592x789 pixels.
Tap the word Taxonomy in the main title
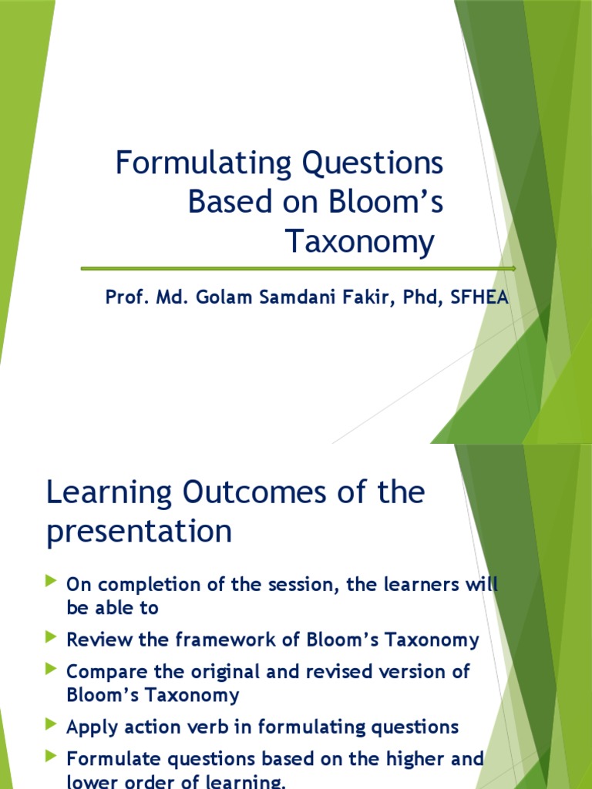coord(360,242)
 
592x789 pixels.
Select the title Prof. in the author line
coord(124,298)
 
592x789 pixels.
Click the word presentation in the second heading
coord(139,532)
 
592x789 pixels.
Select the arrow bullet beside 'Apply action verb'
coord(52,724)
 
